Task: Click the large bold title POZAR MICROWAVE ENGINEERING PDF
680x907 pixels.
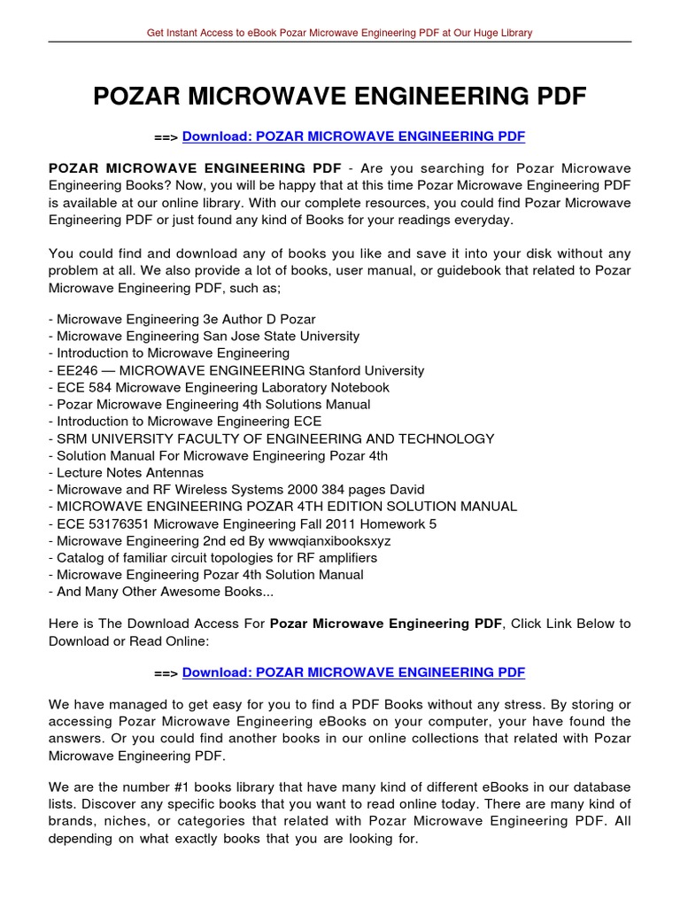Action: coord(340,96)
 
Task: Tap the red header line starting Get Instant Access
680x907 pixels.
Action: coord(340,33)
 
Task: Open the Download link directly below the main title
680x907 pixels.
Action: coord(353,136)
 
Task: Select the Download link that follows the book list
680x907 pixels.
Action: coord(353,672)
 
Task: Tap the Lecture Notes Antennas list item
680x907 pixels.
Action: coord(127,473)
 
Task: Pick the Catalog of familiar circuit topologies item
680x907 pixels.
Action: coord(212,558)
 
